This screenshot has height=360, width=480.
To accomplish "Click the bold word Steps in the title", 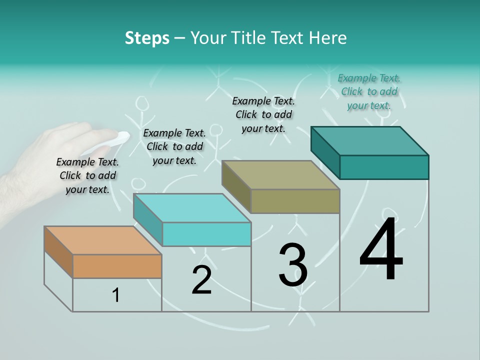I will [x=147, y=38].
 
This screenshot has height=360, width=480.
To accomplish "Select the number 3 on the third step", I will [x=293, y=265].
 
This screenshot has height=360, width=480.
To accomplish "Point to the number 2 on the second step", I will [x=201, y=280].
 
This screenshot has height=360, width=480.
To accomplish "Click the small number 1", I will [x=116, y=295].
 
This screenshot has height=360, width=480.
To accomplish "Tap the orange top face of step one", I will [x=102, y=240].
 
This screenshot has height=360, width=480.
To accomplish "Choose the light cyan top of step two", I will [x=192, y=208].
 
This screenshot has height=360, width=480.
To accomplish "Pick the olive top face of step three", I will [x=280, y=175].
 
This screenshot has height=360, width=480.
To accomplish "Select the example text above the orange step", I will [x=87, y=175].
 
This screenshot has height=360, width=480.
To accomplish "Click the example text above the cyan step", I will [x=174, y=146].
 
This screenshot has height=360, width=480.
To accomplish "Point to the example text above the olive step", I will [x=263, y=114].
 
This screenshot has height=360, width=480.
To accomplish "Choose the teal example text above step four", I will [x=369, y=91].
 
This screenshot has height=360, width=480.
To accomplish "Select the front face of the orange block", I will [x=117, y=266].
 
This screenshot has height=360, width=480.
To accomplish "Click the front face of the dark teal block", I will [x=384, y=167].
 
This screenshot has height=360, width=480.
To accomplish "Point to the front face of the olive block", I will [x=295, y=201].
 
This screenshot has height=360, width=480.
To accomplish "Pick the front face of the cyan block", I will [x=206, y=234].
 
